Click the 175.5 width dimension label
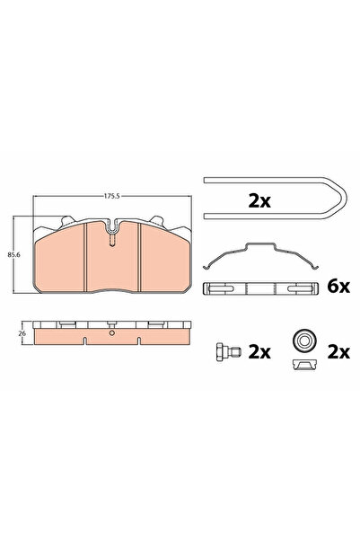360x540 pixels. pyautogui.click(x=111, y=196)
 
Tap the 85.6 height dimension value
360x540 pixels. pyautogui.click(x=13, y=255)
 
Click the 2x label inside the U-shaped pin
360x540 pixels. pyautogui.click(x=259, y=201)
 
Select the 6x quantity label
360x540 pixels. pyautogui.click(x=338, y=287)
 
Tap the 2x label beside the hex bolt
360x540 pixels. pyautogui.click(x=259, y=352)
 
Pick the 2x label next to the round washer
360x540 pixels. pyautogui.click(x=338, y=352)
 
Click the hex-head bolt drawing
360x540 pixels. pyautogui.click(x=228, y=352)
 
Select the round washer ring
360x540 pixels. pyautogui.click(x=304, y=341)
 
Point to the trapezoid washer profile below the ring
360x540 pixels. pyautogui.click(x=304, y=365)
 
